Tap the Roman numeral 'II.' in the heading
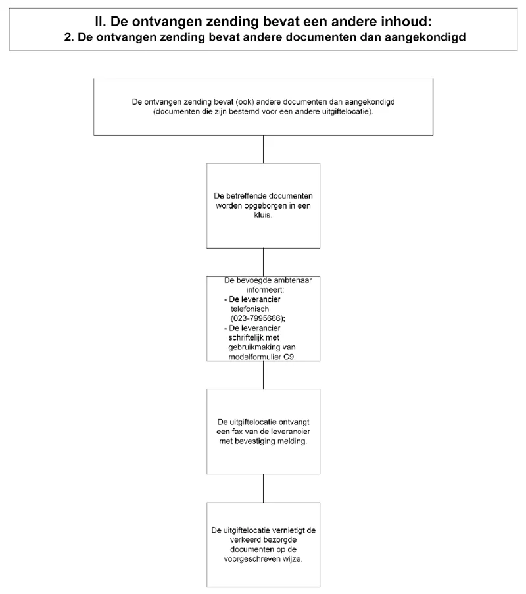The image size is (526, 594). tap(101, 22)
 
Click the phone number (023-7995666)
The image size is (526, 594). tap(258, 318)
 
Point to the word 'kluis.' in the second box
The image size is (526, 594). tap(263, 215)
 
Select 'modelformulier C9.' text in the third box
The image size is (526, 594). tap(262, 357)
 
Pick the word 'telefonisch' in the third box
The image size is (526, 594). tap(250, 309)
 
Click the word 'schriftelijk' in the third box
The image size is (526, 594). tap(248, 337)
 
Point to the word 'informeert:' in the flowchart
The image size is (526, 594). tap(265, 290)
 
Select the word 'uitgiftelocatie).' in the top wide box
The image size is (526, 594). tap(347, 112)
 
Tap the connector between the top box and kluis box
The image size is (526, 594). tap(263, 149)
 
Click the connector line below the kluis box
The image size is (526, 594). tap(263, 262)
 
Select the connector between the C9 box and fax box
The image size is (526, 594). tap(263, 375)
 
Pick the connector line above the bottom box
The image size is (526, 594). tap(263, 488)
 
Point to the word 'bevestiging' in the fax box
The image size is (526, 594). tap(254, 441)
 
